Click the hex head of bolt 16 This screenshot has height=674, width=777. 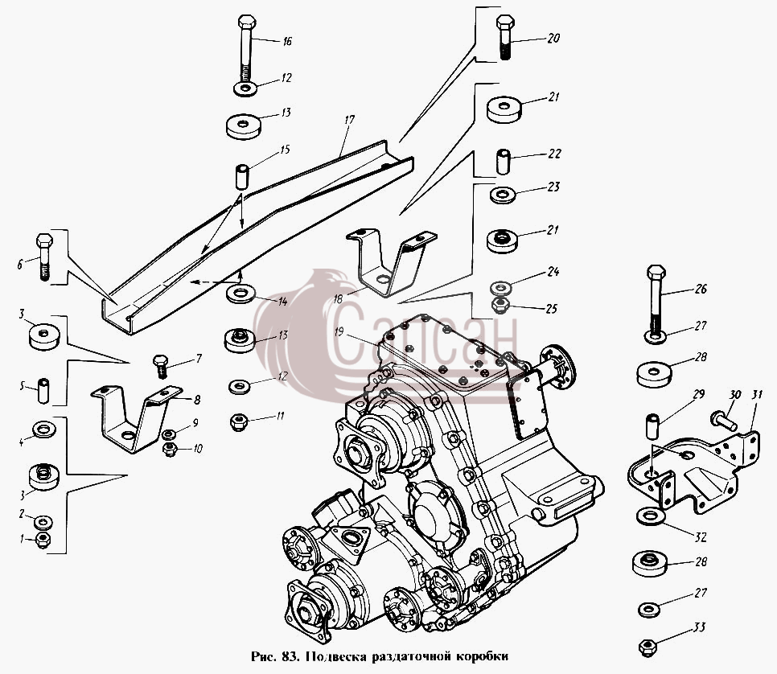coord(246,23)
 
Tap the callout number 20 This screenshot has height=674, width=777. coord(553,38)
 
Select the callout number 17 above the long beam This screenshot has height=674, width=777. coord(349,120)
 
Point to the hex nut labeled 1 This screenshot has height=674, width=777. coord(43,540)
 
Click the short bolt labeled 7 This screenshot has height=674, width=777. coord(161,366)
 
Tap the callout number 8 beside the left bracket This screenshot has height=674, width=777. coord(197,400)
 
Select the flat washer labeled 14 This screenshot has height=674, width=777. coord(240,294)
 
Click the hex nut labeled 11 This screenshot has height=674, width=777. coord(239,423)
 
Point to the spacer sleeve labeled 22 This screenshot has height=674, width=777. coord(503,161)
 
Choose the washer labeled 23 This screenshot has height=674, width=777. coord(503,195)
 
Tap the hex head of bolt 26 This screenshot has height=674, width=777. coord(656,273)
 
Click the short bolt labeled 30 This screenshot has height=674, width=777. coord(724,421)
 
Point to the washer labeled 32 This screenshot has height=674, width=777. coord(651,516)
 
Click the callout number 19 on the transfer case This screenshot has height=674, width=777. coord(339,331)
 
